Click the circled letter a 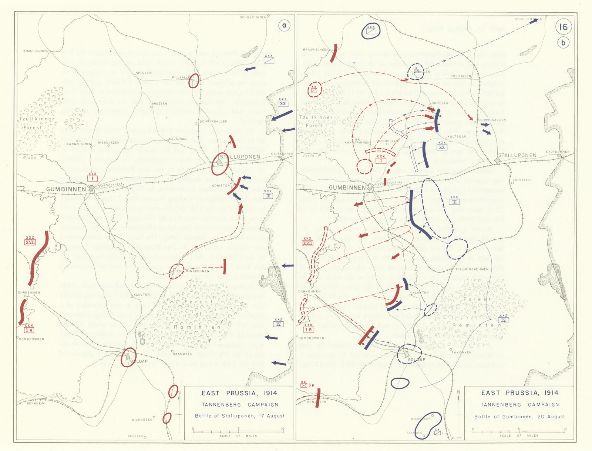pos(284,26)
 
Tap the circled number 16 pos(563,27)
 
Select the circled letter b pos(563,43)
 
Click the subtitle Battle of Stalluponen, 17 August pos(240,416)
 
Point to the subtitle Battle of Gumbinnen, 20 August pos(519,417)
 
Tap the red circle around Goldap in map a pos(128,357)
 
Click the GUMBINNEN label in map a pos(66,189)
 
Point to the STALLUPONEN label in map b pos(517,155)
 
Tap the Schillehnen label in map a pos(253,17)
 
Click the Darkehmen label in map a pos(29,292)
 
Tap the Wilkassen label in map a pos(142,420)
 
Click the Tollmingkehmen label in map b pos(471,269)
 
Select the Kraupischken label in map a pos(36,51)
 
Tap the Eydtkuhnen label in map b pos(558,152)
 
